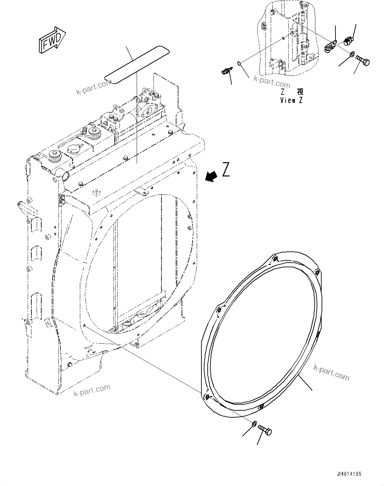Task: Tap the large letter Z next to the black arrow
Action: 226,170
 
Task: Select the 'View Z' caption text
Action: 291,100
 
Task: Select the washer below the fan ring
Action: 254,424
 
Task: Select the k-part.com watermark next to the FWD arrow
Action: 94,87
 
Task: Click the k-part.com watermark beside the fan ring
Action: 331,374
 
